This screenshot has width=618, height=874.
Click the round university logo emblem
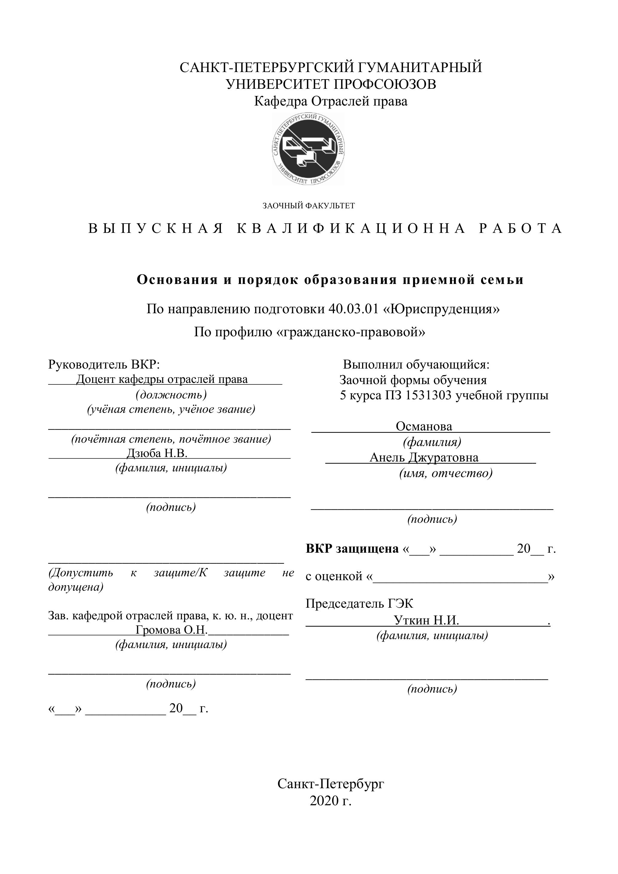tap(309, 149)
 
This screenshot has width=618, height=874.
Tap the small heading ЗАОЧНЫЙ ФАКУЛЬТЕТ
tap(309, 206)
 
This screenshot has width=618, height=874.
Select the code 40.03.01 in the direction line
tap(353, 309)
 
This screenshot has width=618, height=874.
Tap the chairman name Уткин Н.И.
tap(426, 621)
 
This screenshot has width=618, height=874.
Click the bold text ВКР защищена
tap(352, 548)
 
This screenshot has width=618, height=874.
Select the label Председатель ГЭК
tap(359, 603)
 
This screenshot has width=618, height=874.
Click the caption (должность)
tap(171, 395)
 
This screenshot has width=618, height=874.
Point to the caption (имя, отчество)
tap(445, 473)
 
